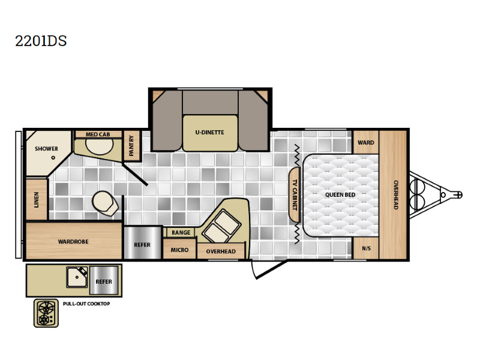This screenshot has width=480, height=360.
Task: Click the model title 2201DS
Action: (41, 41)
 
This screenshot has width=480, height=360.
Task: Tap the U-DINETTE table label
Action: (209, 132)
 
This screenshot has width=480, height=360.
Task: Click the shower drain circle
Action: (53, 158)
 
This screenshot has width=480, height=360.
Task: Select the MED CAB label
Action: (98, 134)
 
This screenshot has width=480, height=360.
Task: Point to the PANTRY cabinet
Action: (131, 146)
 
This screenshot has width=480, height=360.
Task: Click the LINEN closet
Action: (37, 200)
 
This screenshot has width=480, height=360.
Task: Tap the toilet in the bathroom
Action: (106, 203)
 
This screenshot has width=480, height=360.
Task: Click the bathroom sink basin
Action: (100, 146)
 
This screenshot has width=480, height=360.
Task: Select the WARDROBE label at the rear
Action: (73, 242)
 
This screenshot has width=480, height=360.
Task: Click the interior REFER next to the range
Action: (142, 243)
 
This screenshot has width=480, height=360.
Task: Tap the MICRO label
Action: (179, 250)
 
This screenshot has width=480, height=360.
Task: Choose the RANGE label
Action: (181, 233)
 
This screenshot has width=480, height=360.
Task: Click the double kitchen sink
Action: (222, 226)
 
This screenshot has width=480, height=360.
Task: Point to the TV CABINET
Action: (294, 194)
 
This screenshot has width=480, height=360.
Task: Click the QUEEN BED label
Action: (340, 194)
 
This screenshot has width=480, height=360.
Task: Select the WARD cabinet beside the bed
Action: (366, 142)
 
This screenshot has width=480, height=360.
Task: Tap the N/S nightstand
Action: (366, 248)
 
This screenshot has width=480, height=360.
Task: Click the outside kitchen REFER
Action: (104, 280)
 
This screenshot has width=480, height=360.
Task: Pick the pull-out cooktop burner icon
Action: (46, 313)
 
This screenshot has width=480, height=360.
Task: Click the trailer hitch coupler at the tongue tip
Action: (458, 194)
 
